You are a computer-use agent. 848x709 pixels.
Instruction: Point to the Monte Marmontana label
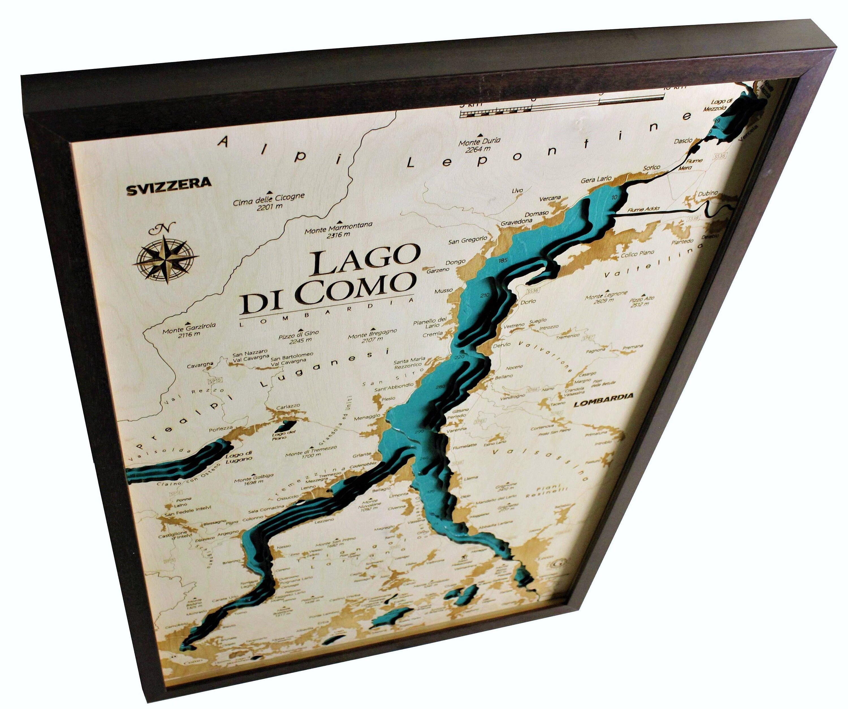click(x=338, y=229)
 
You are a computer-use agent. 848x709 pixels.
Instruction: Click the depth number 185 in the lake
click(x=503, y=260)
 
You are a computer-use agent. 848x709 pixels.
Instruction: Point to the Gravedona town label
click(x=516, y=222)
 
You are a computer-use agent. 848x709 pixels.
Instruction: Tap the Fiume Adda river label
click(x=643, y=209)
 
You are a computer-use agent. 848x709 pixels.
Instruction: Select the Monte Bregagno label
click(x=372, y=335)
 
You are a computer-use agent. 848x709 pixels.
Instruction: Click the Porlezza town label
click(x=220, y=429)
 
